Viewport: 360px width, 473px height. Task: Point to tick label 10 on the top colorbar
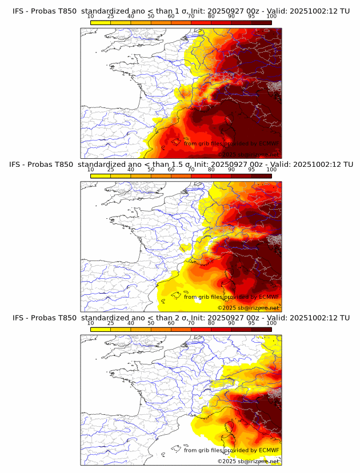pyautogui.click(x=90, y=17)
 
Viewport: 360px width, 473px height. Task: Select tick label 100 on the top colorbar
pyautogui.click(x=271, y=17)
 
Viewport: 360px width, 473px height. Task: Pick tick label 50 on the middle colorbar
pyautogui.click(x=151, y=170)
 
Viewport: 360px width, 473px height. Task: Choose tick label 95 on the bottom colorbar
pyautogui.click(x=251, y=323)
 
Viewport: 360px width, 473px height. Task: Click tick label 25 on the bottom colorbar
pyautogui.click(x=110, y=323)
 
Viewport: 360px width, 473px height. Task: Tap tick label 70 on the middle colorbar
pyautogui.click(x=191, y=170)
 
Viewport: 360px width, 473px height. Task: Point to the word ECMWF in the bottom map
pyautogui.click(x=269, y=450)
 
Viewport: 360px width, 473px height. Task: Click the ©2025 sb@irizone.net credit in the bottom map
pyautogui.click(x=248, y=460)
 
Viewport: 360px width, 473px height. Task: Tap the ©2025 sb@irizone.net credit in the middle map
pyautogui.click(x=248, y=307)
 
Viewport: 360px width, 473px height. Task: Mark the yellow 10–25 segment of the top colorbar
pyautogui.click(x=101, y=22)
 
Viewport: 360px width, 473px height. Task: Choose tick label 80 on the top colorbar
pyautogui.click(x=211, y=17)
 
